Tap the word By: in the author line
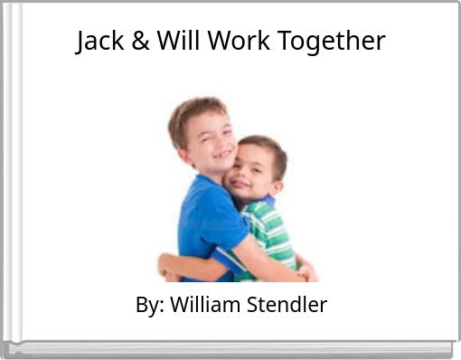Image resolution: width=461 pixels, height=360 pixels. click(148, 306)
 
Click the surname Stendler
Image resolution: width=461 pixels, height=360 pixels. click(288, 306)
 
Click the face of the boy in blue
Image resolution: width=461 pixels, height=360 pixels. click(213, 145)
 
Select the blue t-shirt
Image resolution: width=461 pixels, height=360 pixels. click(207, 226)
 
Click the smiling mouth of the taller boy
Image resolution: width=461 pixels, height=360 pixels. click(222, 155)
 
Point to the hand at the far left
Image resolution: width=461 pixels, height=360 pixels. click(166, 267)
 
